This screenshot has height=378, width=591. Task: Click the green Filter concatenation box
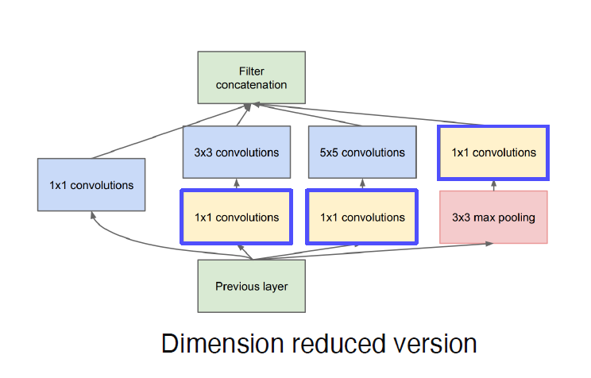(251, 77)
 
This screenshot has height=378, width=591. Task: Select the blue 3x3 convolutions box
(237, 152)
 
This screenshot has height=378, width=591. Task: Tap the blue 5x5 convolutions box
(362, 152)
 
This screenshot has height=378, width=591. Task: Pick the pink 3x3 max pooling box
(493, 217)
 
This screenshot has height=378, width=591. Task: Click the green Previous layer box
(251, 286)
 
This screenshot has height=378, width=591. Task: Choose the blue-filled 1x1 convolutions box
(91, 184)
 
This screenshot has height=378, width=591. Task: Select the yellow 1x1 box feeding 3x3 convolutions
(237, 217)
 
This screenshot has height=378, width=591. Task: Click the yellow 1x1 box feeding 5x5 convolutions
(362, 217)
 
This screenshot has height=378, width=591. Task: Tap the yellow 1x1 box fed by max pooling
(493, 152)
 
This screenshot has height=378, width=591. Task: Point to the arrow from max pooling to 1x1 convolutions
(493, 185)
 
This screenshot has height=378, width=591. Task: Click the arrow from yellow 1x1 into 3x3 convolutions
(237, 184)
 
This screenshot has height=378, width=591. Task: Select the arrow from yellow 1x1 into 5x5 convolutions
(362, 184)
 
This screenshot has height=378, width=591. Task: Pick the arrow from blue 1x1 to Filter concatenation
(167, 133)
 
